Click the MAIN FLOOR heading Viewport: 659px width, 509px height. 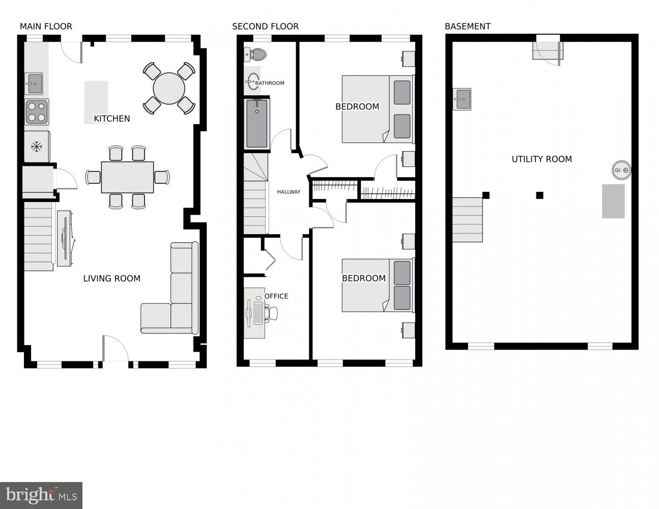46,26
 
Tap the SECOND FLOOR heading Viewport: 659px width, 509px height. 265,26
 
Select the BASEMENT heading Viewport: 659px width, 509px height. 467,26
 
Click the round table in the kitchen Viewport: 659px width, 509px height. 169,88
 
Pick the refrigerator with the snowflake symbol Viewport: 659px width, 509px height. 37,147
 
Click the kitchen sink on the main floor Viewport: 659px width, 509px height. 34,83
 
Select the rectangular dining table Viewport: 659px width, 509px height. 127,177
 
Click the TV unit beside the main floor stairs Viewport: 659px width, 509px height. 64,238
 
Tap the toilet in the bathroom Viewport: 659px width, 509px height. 256,53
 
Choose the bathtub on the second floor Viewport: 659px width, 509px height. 257,124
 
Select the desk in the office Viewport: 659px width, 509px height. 254,313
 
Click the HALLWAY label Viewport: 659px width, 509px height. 289,192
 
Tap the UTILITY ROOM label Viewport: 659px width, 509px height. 541,159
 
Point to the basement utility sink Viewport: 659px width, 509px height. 462,99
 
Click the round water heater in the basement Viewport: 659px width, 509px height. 621,170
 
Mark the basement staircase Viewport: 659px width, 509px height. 467,219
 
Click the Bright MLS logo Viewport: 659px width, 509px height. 41,495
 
